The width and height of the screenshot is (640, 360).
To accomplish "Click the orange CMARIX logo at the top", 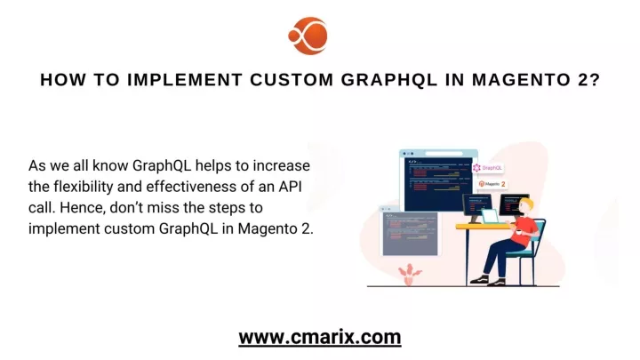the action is (308, 36).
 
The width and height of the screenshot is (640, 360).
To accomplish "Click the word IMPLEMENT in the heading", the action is (185, 80).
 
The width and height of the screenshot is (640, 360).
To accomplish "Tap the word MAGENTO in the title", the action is (521, 80).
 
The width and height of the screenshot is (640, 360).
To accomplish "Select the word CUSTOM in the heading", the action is (292, 80).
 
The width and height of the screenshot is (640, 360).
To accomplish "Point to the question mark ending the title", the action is (595, 80).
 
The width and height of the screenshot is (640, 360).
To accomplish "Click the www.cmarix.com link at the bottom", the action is (320, 337).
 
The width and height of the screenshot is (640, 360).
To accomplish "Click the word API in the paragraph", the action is (290, 187).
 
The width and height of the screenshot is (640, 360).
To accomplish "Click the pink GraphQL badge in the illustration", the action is (488, 168).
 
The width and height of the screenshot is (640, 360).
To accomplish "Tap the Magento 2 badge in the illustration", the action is (492, 184).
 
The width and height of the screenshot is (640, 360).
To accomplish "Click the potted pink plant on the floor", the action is (410, 275).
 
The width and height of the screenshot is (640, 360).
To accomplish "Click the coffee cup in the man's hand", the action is (518, 231).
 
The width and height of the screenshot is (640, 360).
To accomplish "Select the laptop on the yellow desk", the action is (491, 216).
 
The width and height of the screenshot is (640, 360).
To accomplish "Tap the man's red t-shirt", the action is (525, 231).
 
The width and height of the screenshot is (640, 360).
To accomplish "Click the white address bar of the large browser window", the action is (444, 154).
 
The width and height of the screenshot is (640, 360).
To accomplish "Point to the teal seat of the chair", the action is (520, 253).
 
